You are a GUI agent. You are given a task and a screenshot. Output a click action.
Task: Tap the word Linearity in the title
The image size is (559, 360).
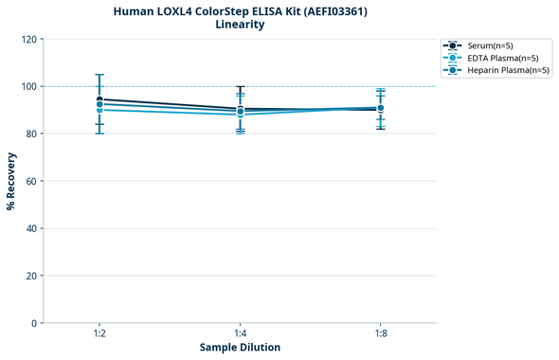[x=240, y=25]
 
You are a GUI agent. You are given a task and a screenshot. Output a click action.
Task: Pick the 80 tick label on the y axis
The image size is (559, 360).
[x=32, y=134]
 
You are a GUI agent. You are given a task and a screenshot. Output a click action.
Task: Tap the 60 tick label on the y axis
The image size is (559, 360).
[x=32, y=181]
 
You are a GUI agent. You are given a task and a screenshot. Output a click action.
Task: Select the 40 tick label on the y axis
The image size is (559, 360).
[x=32, y=228]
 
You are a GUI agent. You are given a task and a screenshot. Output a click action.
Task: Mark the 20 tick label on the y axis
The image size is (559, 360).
[x=32, y=276]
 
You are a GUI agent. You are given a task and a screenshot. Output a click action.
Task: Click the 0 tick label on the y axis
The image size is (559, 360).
[x=35, y=323]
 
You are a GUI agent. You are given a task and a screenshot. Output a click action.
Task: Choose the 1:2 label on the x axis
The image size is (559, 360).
[x=99, y=333]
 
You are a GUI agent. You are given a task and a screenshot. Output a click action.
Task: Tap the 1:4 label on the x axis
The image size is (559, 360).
[x=240, y=333]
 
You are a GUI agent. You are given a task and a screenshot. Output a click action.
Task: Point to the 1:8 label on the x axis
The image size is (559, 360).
[x=380, y=333]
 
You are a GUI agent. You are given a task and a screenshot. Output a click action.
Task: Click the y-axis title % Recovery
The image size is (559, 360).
[x=11, y=180]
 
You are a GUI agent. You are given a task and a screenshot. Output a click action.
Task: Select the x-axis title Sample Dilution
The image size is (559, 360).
[x=240, y=348]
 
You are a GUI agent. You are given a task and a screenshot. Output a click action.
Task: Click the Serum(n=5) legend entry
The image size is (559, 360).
[x=490, y=45]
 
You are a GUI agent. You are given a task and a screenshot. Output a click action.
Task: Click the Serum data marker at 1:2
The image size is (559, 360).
[x=99, y=99]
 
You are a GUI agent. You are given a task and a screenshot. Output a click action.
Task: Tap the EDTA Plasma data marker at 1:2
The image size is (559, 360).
[x=99, y=110]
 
